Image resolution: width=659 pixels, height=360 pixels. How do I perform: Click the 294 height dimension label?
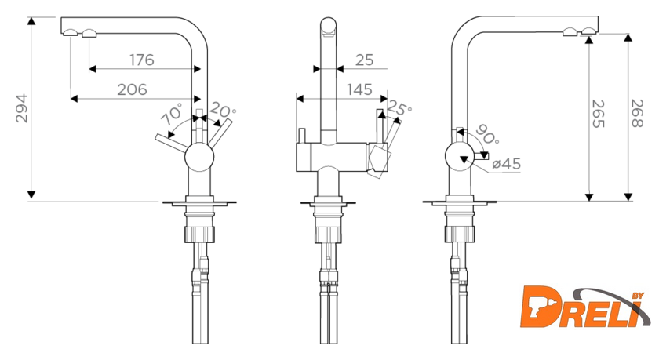pyautogui.click(x=21, y=108)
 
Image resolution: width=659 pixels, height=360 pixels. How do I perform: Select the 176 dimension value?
pyautogui.click(x=142, y=60)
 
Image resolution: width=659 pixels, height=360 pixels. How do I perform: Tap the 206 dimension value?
pyautogui.click(x=132, y=89)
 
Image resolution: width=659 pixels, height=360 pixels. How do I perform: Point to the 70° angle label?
pyautogui.click(x=173, y=114)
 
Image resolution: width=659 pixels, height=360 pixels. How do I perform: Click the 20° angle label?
pyautogui.click(x=223, y=110)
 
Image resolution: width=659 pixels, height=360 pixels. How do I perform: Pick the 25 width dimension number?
pyautogui.click(x=364, y=60)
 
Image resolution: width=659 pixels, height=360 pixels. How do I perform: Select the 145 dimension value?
pyautogui.click(x=360, y=89)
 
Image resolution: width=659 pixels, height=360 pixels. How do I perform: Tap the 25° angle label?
pyautogui.click(x=399, y=107)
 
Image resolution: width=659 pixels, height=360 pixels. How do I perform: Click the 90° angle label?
pyautogui.click(x=487, y=134)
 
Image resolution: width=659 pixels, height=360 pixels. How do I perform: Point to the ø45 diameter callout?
pyautogui.click(x=507, y=163)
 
